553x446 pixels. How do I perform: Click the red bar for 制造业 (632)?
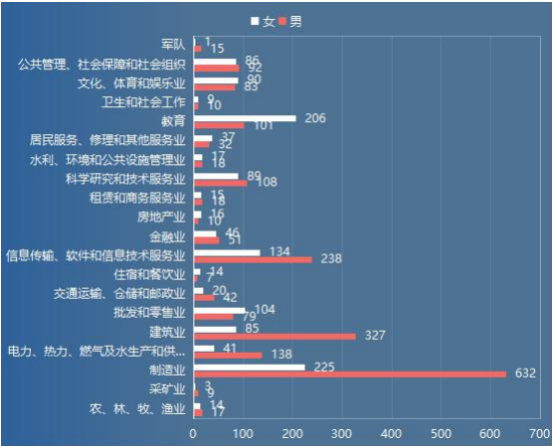pyautogui.click(x=349, y=374)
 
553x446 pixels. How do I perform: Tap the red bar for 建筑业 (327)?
pyautogui.click(x=274, y=337)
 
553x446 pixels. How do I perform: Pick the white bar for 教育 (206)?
pyautogui.click(x=244, y=118)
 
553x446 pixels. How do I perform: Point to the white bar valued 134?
pyautogui.click(x=226, y=252)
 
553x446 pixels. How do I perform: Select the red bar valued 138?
pyautogui.click(x=227, y=355)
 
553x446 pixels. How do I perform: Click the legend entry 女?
pyautogui.click(x=264, y=22)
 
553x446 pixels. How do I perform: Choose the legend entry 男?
pyautogui.click(x=289, y=22)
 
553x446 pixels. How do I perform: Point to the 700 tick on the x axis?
pyautogui.click(x=539, y=433)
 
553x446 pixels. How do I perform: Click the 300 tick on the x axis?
pyautogui.click(x=341, y=433)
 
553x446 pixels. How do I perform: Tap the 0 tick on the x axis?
pyautogui.click(x=193, y=433)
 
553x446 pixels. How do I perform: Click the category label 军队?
pyautogui.click(x=173, y=45)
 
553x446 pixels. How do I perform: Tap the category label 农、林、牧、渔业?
pyautogui.click(x=137, y=408)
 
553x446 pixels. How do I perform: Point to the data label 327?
pyautogui.click(x=374, y=336)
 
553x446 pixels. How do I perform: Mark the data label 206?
pyautogui.click(x=314, y=117)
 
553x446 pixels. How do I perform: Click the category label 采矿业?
pyautogui.click(x=166, y=388)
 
